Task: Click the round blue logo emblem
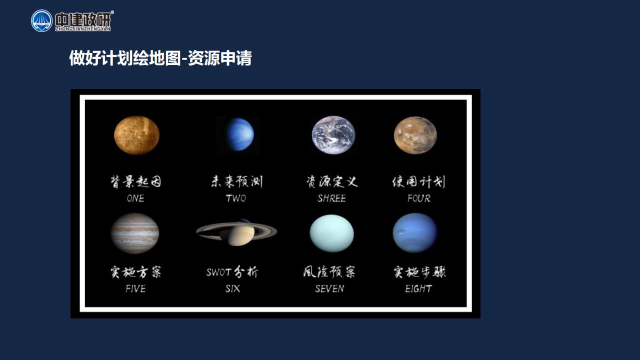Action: [41, 20]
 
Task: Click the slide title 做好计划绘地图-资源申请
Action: [160, 58]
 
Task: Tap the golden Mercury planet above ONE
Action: [136, 135]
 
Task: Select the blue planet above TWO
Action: [239, 134]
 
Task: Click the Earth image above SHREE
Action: [333, 135]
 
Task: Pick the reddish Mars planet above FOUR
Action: [415, 135]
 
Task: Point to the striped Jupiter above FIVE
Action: [135, 233]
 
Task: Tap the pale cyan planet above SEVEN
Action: [331, 233]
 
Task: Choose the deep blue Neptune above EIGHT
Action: [415, 233]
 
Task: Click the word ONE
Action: [135, 198]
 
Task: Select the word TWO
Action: [235, 198]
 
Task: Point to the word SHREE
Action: [331, 198]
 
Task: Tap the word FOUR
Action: [419, 198]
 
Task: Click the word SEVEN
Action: [329, 289]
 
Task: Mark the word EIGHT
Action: [418, 289]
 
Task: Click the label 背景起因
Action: [135, 181]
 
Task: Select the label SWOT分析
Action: [232, 271]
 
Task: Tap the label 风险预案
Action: [329, 271]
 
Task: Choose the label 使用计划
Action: [418, 181]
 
